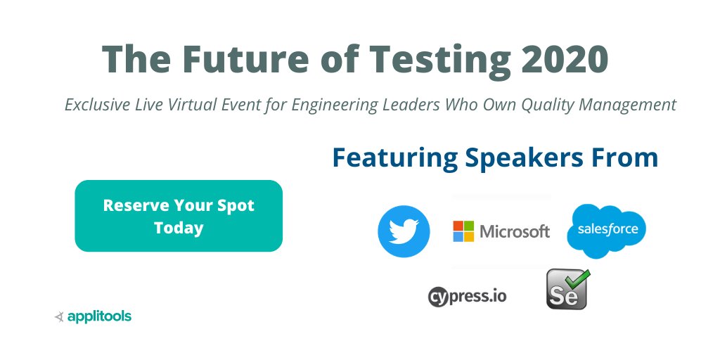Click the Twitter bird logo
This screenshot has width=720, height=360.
404,231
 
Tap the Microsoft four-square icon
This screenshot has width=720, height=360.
463,231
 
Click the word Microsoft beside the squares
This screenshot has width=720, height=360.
514,231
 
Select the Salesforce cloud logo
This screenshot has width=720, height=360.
606,230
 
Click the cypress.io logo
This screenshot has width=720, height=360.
468,295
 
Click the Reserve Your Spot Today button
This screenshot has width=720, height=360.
179,216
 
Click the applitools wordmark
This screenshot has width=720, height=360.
99,316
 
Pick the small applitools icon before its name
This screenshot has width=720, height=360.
60,317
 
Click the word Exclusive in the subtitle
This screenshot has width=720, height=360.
96,105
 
